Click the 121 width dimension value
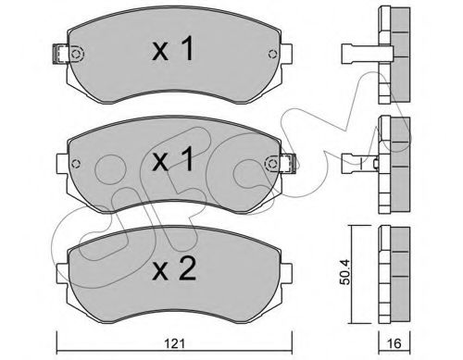(174, 343)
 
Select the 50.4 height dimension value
(345, 272)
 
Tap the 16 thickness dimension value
(394, 343)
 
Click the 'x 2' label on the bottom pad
(174, 269)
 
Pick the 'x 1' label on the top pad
(173, 48)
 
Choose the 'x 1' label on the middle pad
(173, 159)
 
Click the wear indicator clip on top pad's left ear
(60, 54)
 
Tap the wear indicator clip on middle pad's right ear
(288, 163)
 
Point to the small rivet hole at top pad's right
(272, 54)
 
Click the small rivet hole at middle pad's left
(75, 164)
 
